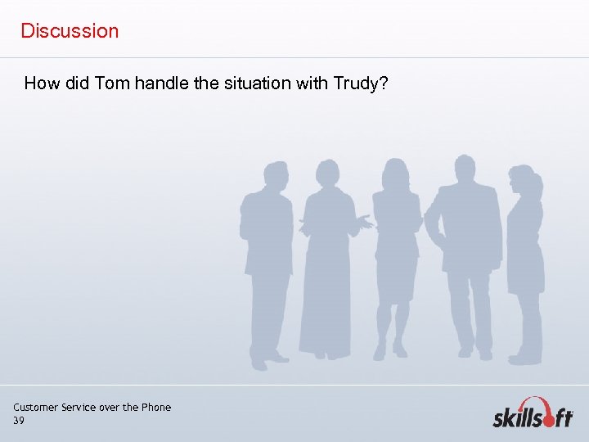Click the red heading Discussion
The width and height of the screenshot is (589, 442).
[70, 31]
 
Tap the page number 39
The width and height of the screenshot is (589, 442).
[19, 420]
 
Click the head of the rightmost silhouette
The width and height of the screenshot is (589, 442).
[520, 178]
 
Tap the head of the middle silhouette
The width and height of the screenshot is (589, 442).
[395, 173]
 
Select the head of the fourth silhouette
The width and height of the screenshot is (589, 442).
[465, 168]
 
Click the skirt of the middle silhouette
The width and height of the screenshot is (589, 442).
[395, 278]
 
